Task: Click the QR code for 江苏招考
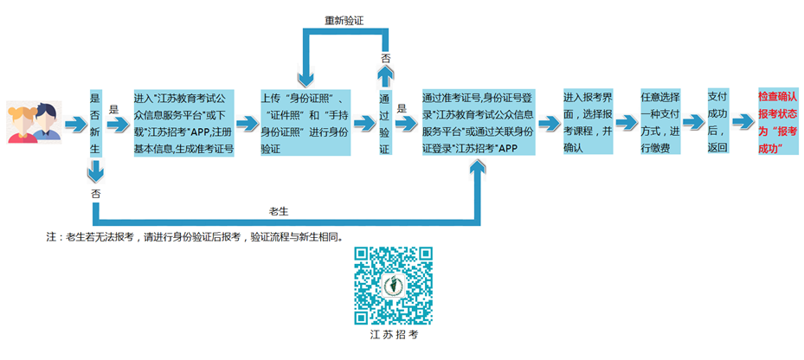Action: point(393,284)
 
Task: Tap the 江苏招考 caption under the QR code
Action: point(393,334)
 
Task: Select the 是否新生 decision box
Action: point(95,123)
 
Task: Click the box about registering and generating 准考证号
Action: point(184,122)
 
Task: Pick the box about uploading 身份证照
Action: point(306,122)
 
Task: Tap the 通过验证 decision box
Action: point(384,123)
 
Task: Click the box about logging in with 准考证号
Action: point(477,122)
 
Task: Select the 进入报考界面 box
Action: point(588,122)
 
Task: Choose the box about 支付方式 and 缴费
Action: point(663,122)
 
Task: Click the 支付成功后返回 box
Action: point(717,122)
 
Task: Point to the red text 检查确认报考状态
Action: point(777,122)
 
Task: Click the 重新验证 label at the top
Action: point(343,18)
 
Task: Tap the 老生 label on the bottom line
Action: point(278,210)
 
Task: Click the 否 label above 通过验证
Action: point(384,57)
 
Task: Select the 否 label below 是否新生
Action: point(95,195)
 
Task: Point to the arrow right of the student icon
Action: point(76,123)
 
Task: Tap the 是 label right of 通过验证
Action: point(401,110)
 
